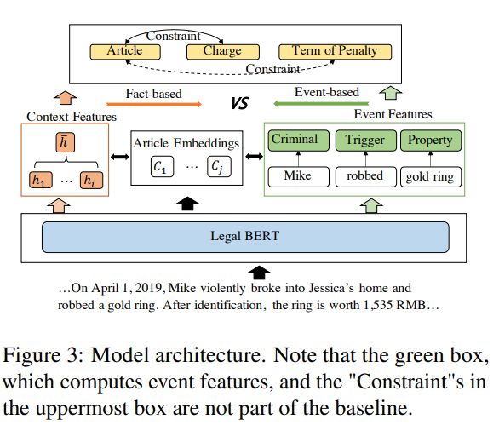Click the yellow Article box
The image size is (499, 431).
(x=125, y=52)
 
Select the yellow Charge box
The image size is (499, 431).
(x=223, y=52)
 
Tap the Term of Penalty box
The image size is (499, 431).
(x=336, y=52)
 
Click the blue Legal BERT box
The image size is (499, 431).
(x=245, y=237)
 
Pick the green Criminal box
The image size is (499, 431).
(x=299, y=141)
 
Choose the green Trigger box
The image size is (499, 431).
(x=366, y=141)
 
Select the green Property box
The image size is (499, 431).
(x=431, y=141)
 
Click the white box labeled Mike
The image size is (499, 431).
(x=299, y=176)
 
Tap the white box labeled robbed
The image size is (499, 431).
(x=366, y=176)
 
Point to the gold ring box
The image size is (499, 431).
(x=431, y=176)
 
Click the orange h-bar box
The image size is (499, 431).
(x=66, y=142)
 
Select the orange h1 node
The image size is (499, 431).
(x=41, y=181)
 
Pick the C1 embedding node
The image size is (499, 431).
(x=162, y=166)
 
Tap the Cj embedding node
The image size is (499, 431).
(x=219, y=166)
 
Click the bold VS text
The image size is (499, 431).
(x=239, y=103)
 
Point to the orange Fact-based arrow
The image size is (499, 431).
(x=154, y=104)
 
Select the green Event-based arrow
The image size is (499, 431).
(x=321, y=103)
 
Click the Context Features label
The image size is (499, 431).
(x=72, y=117)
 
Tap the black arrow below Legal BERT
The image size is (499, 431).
(x=259, y=273)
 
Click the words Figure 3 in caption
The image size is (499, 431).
(x=41, y=355)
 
